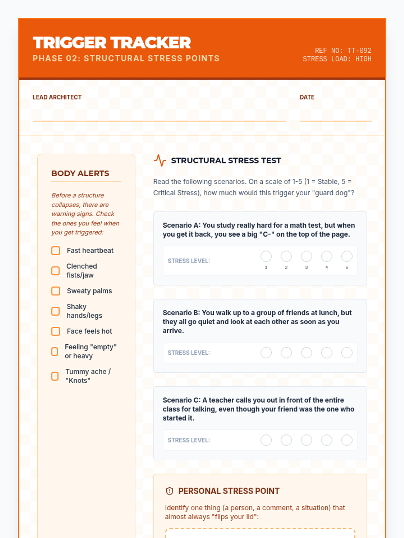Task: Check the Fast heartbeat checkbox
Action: tap(56, 251)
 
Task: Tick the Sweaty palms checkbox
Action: tap(56, 291)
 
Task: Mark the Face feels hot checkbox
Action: tap(56, 331)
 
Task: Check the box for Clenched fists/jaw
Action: tap(56, 271)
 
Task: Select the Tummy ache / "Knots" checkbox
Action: tap(55, 376)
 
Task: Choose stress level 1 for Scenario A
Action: tap(266, 256)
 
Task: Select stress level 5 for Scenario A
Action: tap(347, 256)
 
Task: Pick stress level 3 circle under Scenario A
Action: tap(306, 256)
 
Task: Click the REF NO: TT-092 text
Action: tap(343, 50)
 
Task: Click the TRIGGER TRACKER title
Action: tap(112, 43)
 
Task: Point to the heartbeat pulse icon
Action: tap(160, 160)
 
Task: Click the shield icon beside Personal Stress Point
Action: tap(170, 491)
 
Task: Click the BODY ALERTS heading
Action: tap(80, 174)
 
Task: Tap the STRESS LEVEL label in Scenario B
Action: tap(189, 353)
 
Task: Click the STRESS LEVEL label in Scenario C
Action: tap(189, 440)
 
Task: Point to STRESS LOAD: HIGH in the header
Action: tap(337, 59)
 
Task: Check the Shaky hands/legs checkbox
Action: tap(56, 311)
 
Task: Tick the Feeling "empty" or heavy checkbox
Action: tap(55, 351)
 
